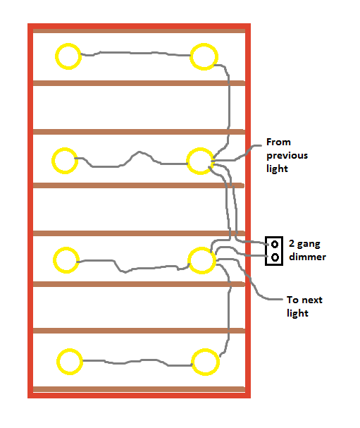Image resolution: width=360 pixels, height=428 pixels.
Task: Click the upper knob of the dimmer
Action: (275, 244)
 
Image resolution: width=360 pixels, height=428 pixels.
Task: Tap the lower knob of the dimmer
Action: (275, 257)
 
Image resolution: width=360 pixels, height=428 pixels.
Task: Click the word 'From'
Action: (278, 142)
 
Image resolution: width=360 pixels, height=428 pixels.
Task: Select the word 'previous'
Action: (287, 155)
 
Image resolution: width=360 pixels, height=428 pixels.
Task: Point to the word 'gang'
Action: (309, 244)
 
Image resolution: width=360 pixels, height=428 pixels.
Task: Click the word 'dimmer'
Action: (307, 257)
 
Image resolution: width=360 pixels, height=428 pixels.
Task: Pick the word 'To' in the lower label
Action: (292, 300)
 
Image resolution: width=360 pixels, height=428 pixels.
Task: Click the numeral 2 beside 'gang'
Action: (292, 243)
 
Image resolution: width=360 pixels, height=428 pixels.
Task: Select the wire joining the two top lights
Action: (135, 53)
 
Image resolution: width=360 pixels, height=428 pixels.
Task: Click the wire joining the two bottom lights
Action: (137, 362)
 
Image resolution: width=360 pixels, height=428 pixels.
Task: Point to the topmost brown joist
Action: (139, 31)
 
